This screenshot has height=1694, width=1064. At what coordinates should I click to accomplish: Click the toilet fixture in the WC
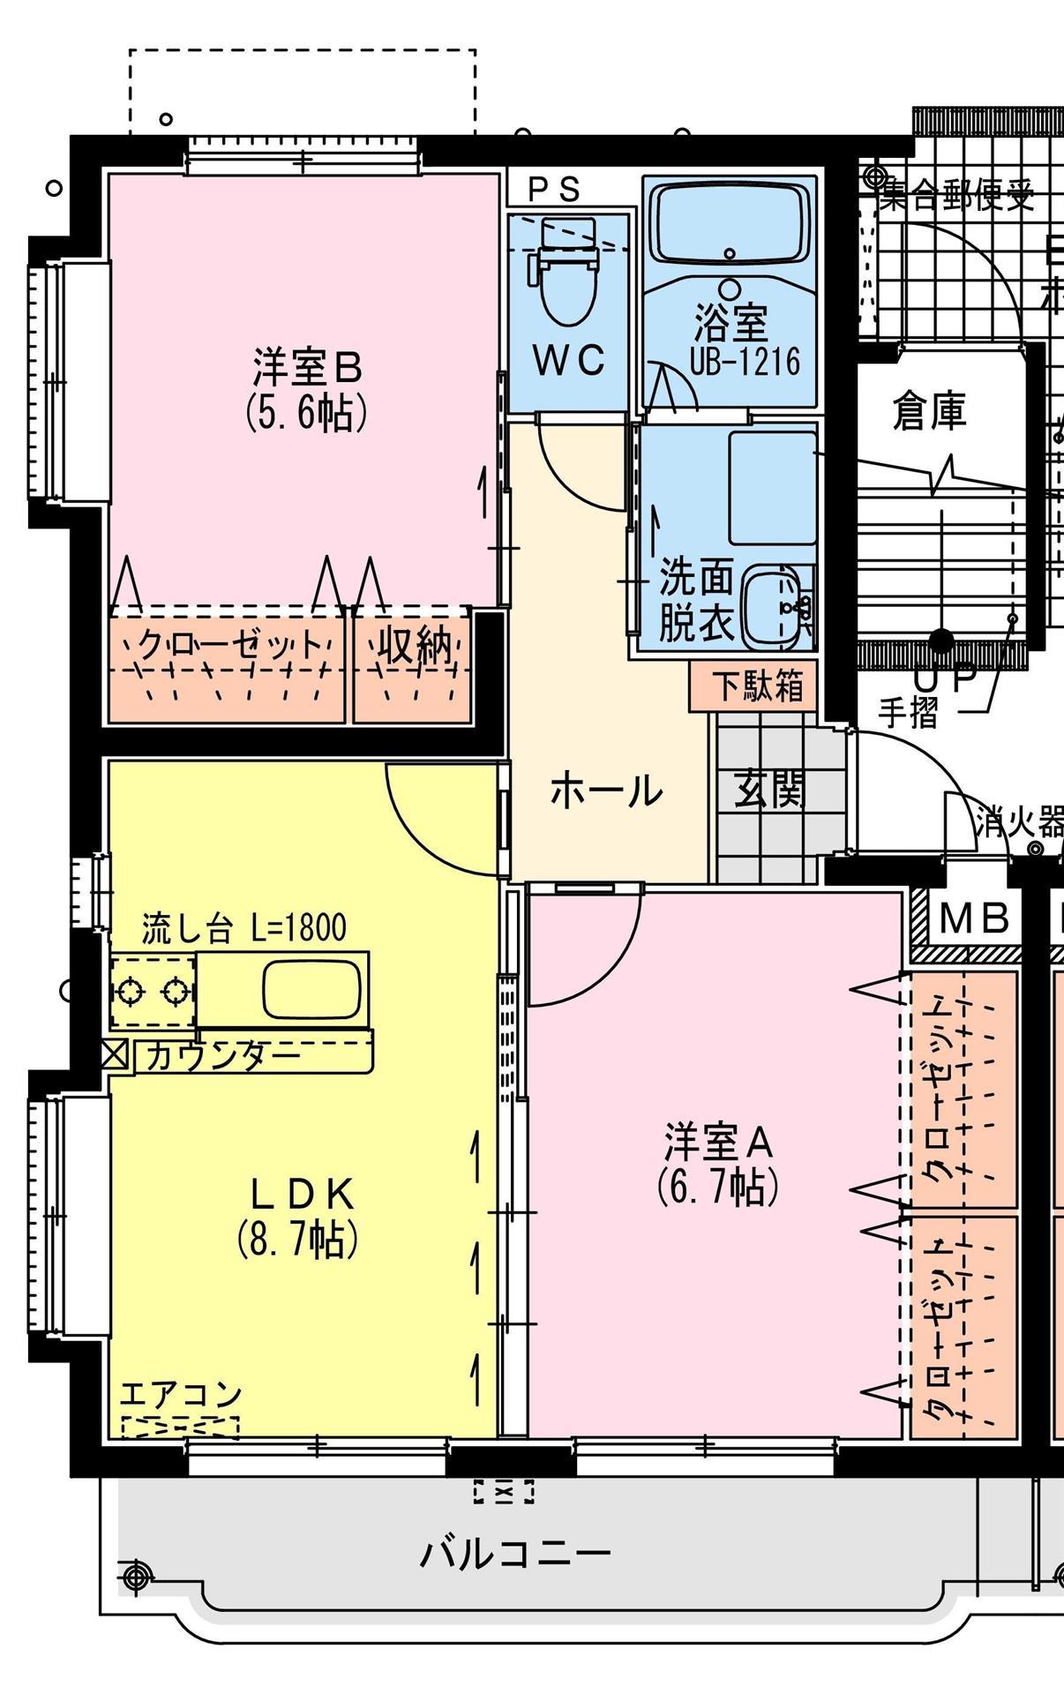(566, 282)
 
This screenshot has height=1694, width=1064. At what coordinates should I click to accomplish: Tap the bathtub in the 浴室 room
(730, 221)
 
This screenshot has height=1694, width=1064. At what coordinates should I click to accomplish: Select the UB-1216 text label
(745, 362)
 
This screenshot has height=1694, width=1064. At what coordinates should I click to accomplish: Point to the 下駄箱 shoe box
(757, 686)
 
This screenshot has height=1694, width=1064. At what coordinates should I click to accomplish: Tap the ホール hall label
(606, 791)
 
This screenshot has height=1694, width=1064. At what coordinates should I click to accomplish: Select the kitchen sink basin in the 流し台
(312, 989)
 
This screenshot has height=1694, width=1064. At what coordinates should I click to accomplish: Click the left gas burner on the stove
(130, 992)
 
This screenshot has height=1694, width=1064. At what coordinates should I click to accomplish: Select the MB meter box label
(973, 918)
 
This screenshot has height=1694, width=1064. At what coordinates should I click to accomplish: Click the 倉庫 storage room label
(929, 410)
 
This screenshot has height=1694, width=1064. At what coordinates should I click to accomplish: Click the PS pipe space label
(553, 189)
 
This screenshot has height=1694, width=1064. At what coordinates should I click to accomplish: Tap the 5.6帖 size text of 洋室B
(305, 410)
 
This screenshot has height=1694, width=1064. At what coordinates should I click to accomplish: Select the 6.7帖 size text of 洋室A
(718, 1187)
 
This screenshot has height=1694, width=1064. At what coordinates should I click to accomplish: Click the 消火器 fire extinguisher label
(1019, 823)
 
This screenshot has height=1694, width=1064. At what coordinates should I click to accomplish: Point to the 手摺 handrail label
(908, 712)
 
